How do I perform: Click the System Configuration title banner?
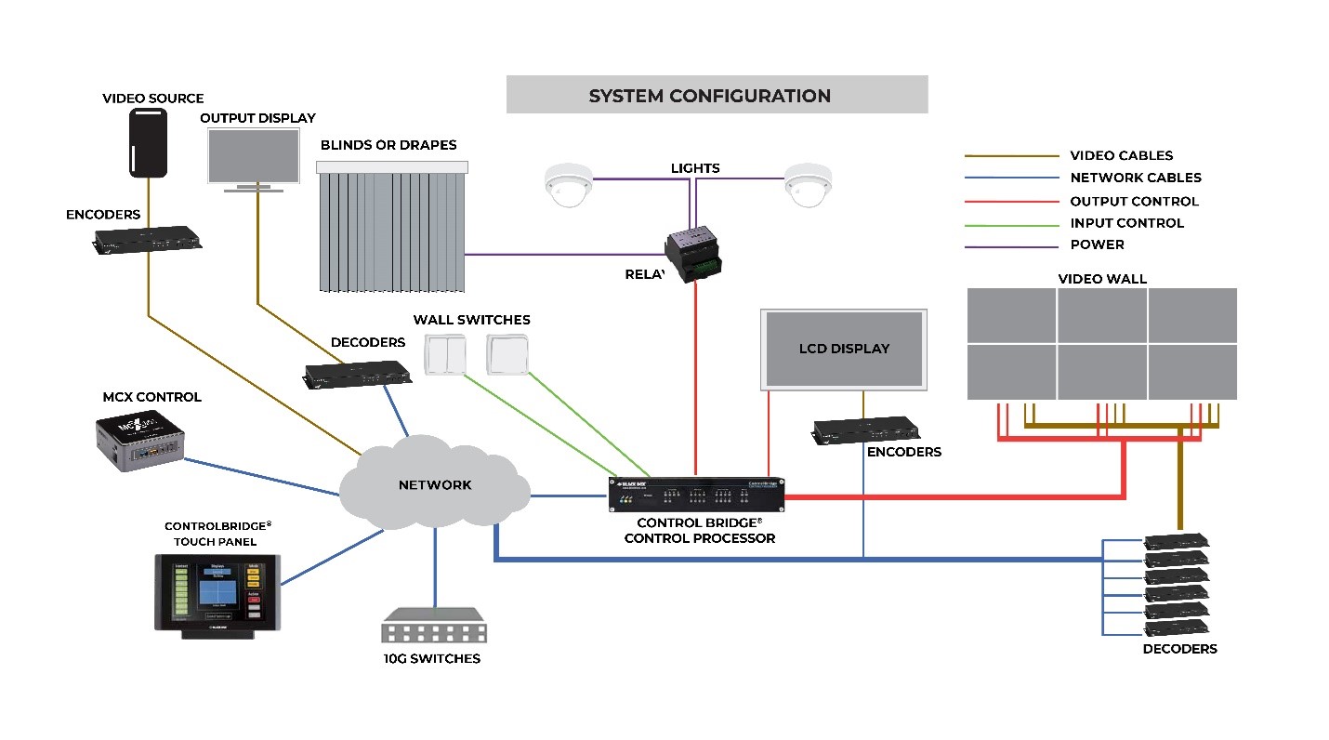point(717,95)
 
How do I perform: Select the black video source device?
point(148,142)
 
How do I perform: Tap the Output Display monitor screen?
point(254,156)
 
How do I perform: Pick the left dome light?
point(568,184)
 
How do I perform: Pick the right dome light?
point(807,184)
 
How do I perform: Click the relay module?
point(696,253)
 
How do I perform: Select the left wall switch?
point(450,354)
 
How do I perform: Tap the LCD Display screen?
point(844,349)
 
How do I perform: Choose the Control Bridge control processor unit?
point(695,495)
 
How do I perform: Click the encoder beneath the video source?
point(147,239)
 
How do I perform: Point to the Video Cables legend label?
point(1121,156)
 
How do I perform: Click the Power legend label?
point(1097,244)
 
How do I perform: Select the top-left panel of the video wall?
point(1011,315)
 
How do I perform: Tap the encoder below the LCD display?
point(865,429)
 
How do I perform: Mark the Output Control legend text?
point(1134,201)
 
